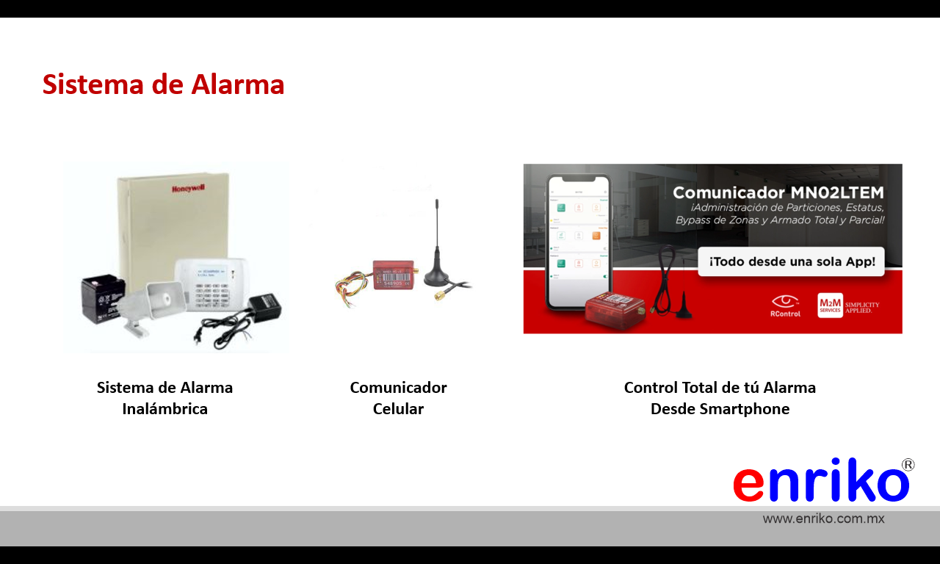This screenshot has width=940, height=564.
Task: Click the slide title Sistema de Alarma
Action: [163, 84]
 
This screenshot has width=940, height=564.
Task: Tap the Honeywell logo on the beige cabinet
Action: [188, 189]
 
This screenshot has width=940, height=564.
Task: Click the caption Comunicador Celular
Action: [398, 398]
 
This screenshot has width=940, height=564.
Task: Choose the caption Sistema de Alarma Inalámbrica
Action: [164, 398]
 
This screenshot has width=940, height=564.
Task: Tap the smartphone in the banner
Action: [577, 242]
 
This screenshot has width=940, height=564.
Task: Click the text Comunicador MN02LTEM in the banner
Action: [778, 192]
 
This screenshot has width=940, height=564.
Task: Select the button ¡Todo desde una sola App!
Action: [791, 261]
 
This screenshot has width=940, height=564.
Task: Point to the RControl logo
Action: [785, 305]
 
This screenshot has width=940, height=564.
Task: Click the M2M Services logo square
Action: [830, 305]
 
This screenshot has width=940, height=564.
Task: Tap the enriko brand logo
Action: [821, 482]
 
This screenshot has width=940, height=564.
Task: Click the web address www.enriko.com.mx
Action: [823, 518]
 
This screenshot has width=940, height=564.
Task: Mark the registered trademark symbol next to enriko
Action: [908, 465]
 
